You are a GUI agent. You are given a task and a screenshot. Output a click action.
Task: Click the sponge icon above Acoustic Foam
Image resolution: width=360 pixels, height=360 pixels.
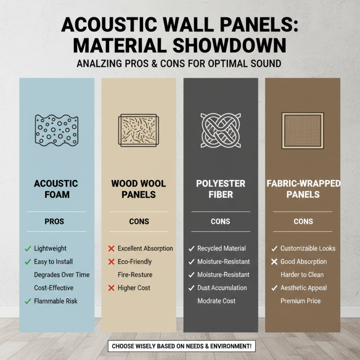56,130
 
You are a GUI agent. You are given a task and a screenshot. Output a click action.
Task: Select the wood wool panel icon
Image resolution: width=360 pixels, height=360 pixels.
138,130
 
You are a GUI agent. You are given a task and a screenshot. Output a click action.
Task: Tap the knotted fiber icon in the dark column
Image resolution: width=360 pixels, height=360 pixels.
220,130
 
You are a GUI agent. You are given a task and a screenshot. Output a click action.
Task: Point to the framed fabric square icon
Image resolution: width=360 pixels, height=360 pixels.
303,130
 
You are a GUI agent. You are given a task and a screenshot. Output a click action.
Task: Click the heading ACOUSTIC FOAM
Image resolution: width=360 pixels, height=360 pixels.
56,189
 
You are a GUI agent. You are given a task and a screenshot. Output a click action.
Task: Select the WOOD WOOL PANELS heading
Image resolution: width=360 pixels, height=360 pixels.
138,189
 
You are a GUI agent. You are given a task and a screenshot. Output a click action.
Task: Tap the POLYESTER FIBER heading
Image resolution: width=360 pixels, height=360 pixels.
220,189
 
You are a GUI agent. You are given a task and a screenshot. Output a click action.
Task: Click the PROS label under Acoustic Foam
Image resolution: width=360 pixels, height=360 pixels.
56,221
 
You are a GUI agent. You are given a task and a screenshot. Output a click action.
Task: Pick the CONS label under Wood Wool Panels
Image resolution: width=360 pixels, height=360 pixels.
138,221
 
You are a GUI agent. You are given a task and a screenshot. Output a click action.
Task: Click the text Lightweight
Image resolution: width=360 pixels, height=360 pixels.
50,248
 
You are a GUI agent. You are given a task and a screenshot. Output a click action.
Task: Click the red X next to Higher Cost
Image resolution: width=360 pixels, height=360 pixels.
110,288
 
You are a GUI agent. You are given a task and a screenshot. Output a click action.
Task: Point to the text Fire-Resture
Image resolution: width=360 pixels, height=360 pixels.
135,274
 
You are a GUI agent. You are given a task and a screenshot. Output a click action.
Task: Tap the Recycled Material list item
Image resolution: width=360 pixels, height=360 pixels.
221,248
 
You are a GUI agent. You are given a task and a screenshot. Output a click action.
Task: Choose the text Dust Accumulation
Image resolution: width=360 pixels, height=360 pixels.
222,288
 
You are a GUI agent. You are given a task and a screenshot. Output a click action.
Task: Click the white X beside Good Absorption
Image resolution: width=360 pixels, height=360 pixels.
274,261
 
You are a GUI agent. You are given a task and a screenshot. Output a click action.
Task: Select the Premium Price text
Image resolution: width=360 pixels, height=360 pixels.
300,301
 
